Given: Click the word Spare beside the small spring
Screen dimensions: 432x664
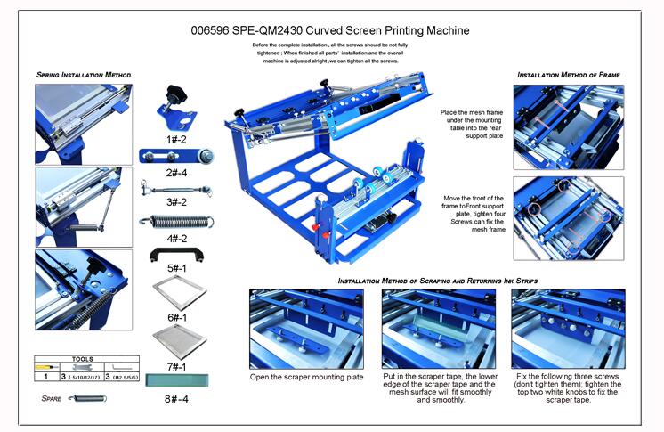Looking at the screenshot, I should point(51,397).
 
